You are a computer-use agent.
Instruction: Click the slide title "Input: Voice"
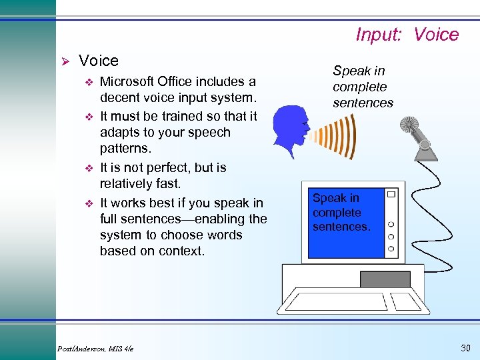407,35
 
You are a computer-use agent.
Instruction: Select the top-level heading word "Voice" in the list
98,61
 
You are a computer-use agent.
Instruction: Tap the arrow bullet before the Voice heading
65,61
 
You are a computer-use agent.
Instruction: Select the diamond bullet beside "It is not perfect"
87,168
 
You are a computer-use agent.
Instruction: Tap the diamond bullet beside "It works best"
87,203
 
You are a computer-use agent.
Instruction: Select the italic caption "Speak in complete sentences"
363,87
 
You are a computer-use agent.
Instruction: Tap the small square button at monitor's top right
391,195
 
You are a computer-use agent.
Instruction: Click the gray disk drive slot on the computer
385,279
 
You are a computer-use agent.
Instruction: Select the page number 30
464,347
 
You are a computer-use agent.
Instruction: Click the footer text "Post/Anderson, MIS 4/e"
95,349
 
